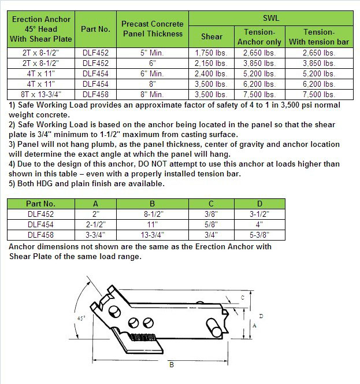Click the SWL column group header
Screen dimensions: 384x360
[271, 19]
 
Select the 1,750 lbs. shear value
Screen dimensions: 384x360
[211, 53]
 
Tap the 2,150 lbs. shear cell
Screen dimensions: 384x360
[211, 63]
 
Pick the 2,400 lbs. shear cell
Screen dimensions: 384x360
[211, 73]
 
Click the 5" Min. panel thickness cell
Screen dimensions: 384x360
[152, 53]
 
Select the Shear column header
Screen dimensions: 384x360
[211, 36]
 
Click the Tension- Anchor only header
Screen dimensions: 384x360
[259, 36]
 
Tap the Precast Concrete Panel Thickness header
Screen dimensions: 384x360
[152, 28]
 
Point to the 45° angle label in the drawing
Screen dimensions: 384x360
[80, 317]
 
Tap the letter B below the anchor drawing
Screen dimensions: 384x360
[171, 365]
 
